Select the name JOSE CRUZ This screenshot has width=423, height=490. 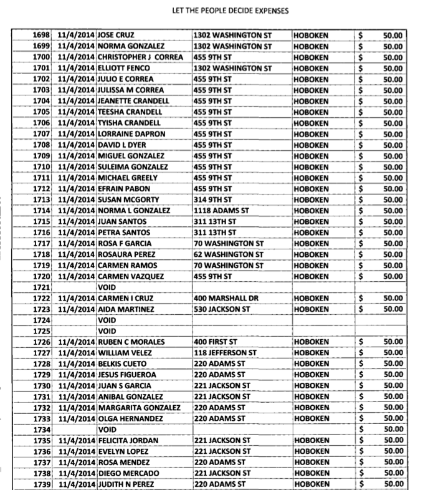[x=116, y=35]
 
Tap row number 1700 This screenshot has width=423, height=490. [x=40, y=57]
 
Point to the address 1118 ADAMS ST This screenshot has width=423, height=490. [x=221, y=211]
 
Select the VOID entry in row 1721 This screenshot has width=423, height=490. [x=107, y=287]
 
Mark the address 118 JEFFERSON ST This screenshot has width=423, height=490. [x=225, y=353]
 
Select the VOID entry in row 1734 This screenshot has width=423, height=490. [x=107, y=430]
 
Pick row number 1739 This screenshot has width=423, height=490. [x=40, y=484]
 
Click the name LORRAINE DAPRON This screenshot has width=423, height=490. [x=131, y=134]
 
